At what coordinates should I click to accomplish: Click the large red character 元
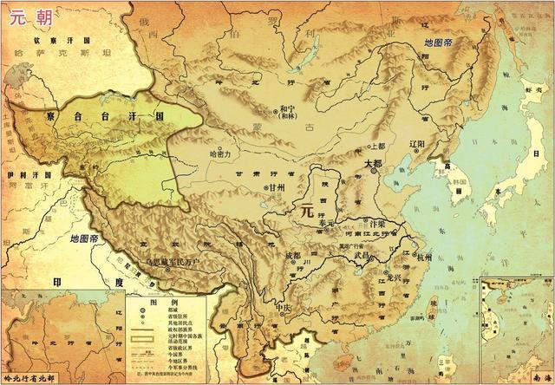305,209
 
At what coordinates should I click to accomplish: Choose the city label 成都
291,256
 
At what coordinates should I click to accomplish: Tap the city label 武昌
361,256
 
